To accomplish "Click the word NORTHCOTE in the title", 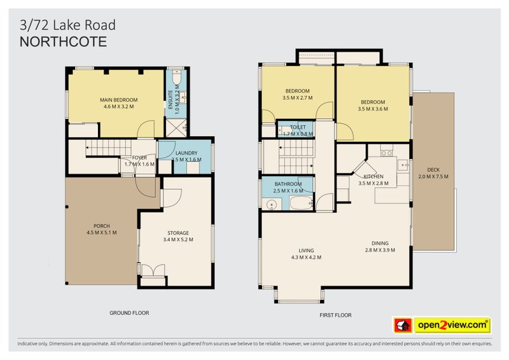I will pyautogui.click(x=63, y=42).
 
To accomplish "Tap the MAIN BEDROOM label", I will pyautogui.click(x=118, y=100).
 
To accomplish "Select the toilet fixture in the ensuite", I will pyautogui.click(x=177, y=79).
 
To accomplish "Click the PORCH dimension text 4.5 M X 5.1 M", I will pyautogui.click(x=102, y=232).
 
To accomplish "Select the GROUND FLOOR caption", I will pyautogui.click(x=129, y=312).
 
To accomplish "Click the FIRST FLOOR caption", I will pyautogui.click(x=335, y=315).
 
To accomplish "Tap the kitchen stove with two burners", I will pyautogui.click(x=385, y=153).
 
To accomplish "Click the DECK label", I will pyautogui.click(x=433, y=169).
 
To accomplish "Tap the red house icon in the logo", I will pyautogui.click(x=401, y=325).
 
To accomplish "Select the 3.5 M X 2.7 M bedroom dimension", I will pyautogui.click(x=297, y=99).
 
